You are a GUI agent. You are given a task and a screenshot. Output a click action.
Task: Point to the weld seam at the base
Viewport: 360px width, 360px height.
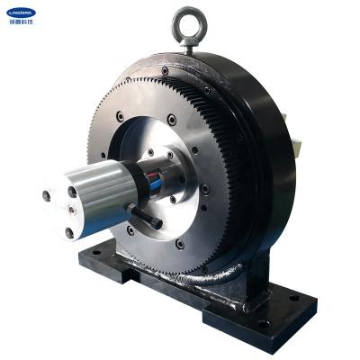coord(216,279)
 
